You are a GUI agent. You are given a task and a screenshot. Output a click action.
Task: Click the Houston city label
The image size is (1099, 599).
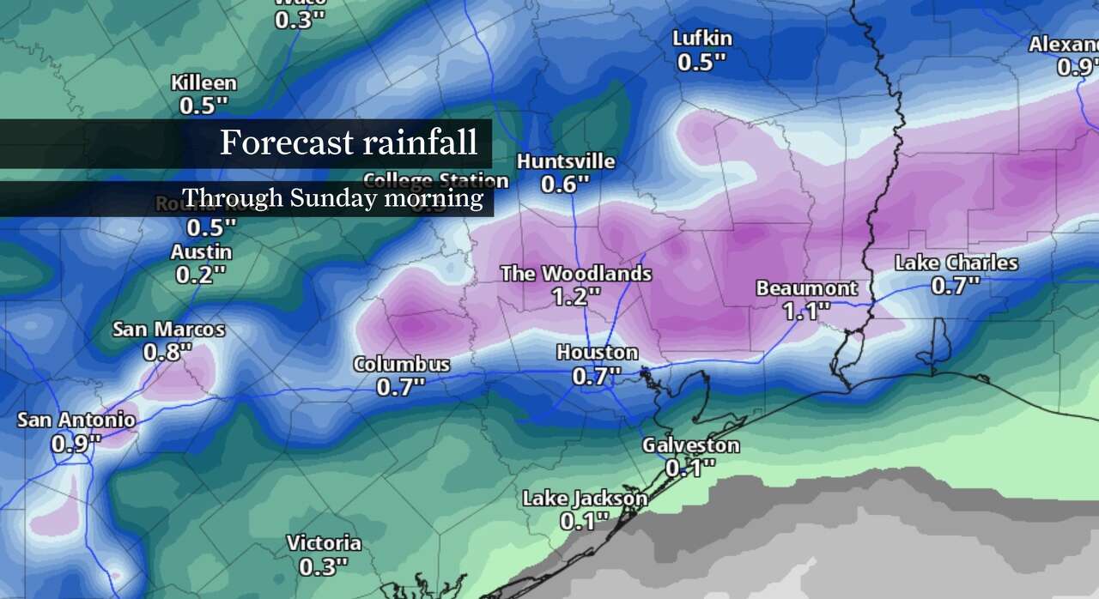click(597, 353)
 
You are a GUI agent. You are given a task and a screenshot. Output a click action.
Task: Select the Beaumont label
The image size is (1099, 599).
click(806, 288)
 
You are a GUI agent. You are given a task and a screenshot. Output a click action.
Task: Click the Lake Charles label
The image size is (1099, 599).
click(956, 263)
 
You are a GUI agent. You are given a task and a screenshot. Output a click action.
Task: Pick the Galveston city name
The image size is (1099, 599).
click(690, 445)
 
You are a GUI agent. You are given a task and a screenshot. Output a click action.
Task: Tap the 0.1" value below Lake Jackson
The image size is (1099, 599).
click(584, 520)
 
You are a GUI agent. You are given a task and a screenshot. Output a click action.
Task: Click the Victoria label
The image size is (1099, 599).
click(324, 543)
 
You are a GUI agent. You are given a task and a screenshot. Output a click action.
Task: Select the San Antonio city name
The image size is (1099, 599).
click(76, 420)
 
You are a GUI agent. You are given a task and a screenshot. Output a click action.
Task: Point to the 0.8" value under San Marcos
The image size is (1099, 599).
click(168, 352)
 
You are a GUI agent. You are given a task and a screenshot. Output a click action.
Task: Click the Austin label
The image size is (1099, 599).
click(201, 252)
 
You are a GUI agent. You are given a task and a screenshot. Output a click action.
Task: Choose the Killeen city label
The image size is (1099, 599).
click(203, 83)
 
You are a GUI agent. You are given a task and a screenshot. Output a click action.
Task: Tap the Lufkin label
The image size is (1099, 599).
click(701, 38)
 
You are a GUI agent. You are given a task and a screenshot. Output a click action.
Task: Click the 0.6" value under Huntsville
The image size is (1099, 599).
click(566, 184)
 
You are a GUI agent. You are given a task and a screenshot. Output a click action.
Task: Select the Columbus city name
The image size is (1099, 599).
click(401, 365)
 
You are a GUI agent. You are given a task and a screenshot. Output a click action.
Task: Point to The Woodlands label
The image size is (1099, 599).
click(575, 274)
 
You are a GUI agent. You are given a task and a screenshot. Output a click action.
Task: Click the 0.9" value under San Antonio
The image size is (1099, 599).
click(76, 443)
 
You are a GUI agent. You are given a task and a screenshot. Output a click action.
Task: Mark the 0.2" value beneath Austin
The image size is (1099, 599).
click(201, 275)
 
